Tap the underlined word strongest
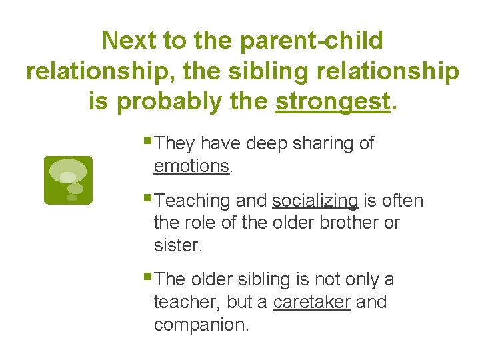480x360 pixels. (x=332, y=101)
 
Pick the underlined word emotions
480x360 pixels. (x=191, y=166)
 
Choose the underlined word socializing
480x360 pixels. (x=315, y=201)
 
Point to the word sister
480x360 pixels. (x=176, y=245)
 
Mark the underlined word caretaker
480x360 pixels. (x=311, y=302)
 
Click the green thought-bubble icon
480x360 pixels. (x=67, y=180)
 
